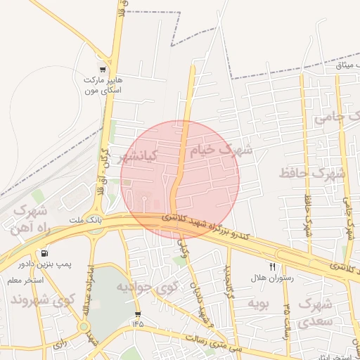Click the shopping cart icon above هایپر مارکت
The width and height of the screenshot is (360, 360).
click(x=103, y=70)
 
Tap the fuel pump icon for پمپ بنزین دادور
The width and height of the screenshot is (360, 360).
click(x=46, y=252)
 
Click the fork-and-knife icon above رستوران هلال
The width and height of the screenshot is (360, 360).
click(x=272, y=266)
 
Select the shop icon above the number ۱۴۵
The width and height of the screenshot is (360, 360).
click(x=137, y=314)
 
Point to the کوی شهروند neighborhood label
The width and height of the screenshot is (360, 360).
click(x=41, y=300)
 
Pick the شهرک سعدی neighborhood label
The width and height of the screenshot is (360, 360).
click(x=314, y=313)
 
